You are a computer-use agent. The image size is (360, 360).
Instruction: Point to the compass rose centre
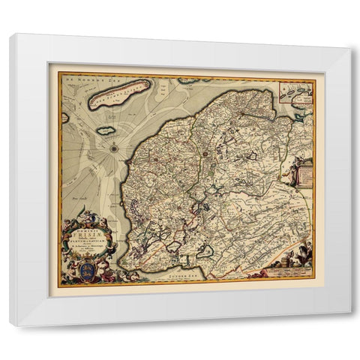113,147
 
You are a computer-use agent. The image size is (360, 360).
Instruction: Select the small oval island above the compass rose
106,130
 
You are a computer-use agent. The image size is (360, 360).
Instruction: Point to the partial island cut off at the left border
65,117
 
